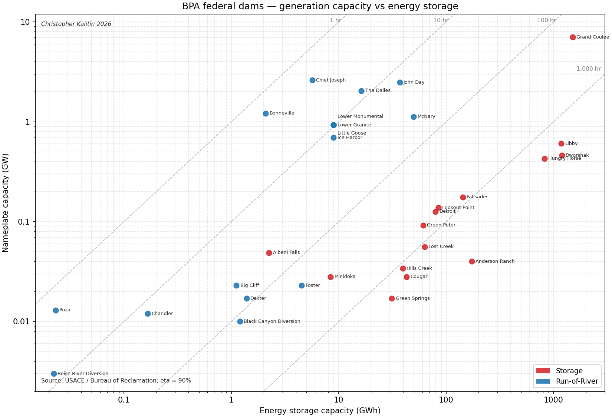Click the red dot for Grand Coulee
[573, 37]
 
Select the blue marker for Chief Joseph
[312, 80]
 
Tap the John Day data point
[400, 82]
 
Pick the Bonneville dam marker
[266, 113]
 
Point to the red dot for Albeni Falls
[269, 253]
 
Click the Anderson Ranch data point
[472, 261]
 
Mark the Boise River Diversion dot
[54, 374]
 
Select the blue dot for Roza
[56, 310]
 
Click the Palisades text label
[477, 197]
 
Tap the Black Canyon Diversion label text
[272, 321]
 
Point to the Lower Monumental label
[361, 116]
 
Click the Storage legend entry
[559, 371]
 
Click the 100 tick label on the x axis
[446, 400]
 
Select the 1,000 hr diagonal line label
[589, 69]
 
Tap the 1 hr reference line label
[336, 20]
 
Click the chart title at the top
[320, 6]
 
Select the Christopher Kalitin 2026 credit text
[76, 24]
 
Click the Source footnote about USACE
[116, 381]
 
